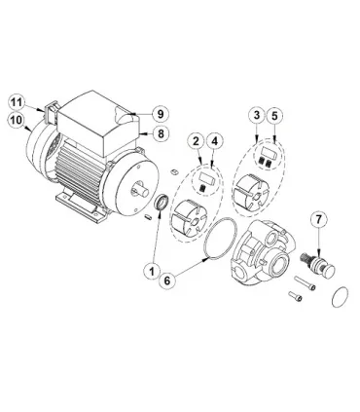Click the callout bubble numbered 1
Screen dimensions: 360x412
click(152, 271)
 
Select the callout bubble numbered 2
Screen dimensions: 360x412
click(196, 141)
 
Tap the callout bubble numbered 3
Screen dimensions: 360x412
click(257, 115)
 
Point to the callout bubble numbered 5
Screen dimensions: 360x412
click(275, 115)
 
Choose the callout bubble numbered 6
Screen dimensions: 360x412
click(167, 281)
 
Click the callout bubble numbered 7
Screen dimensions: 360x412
click(319, 220)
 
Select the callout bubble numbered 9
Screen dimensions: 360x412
click(161, 114)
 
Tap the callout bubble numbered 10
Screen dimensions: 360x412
click(17, 121)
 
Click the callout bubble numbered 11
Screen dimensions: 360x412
click(17, 102)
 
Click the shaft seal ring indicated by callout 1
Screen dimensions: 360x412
click(162, 202)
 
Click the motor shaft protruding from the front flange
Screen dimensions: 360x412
click(141, 190)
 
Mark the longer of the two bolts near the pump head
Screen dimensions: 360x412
click(305, 282)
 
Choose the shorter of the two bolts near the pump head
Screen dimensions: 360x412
click(295, 296)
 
